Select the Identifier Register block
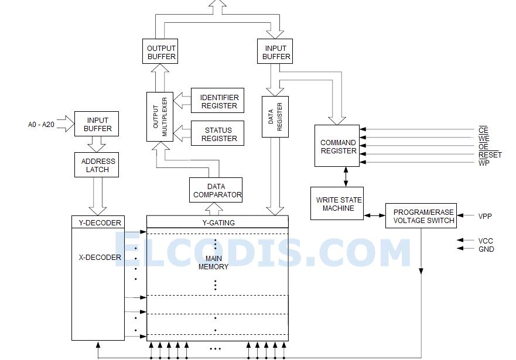218,102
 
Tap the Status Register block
218,134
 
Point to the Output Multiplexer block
156,116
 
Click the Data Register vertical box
275,116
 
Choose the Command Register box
337,146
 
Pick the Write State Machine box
337,204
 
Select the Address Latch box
98,165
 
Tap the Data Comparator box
216,191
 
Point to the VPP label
485,217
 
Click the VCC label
486,241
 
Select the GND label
486,249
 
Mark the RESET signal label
490,155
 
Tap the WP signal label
484,163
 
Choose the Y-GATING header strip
217,222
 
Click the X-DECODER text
100,257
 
